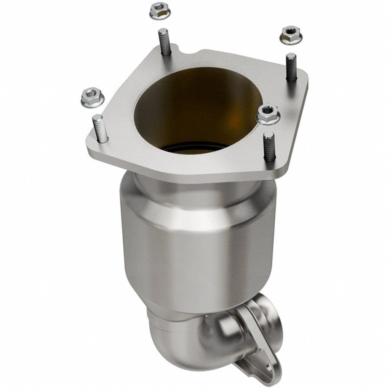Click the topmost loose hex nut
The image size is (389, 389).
point(160,11)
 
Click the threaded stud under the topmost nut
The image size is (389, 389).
point(164,42)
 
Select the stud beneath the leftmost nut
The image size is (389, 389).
point(100,128)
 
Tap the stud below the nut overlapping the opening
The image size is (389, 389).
point(269,146)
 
